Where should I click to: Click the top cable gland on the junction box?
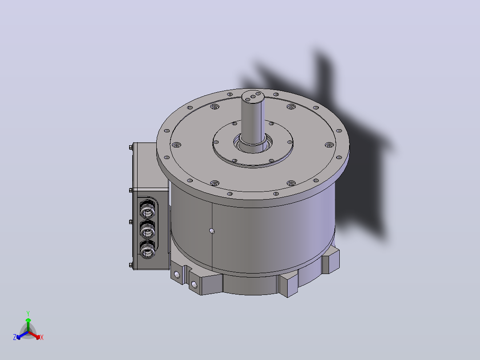click(x=147, y=210)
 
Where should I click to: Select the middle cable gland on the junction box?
click(x=147, y=230)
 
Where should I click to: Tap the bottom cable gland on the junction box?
click(x=147, y=250)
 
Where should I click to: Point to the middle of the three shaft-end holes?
click(x=253, y=97)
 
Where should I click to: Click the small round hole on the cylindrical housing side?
click(x=212, y=231)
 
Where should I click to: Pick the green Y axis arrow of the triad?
click(x=28, y=325)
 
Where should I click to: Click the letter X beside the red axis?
click(x=42, y=337)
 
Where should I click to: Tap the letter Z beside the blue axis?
click(x=15, y=337)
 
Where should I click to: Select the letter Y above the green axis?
click(x=28, y=313)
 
